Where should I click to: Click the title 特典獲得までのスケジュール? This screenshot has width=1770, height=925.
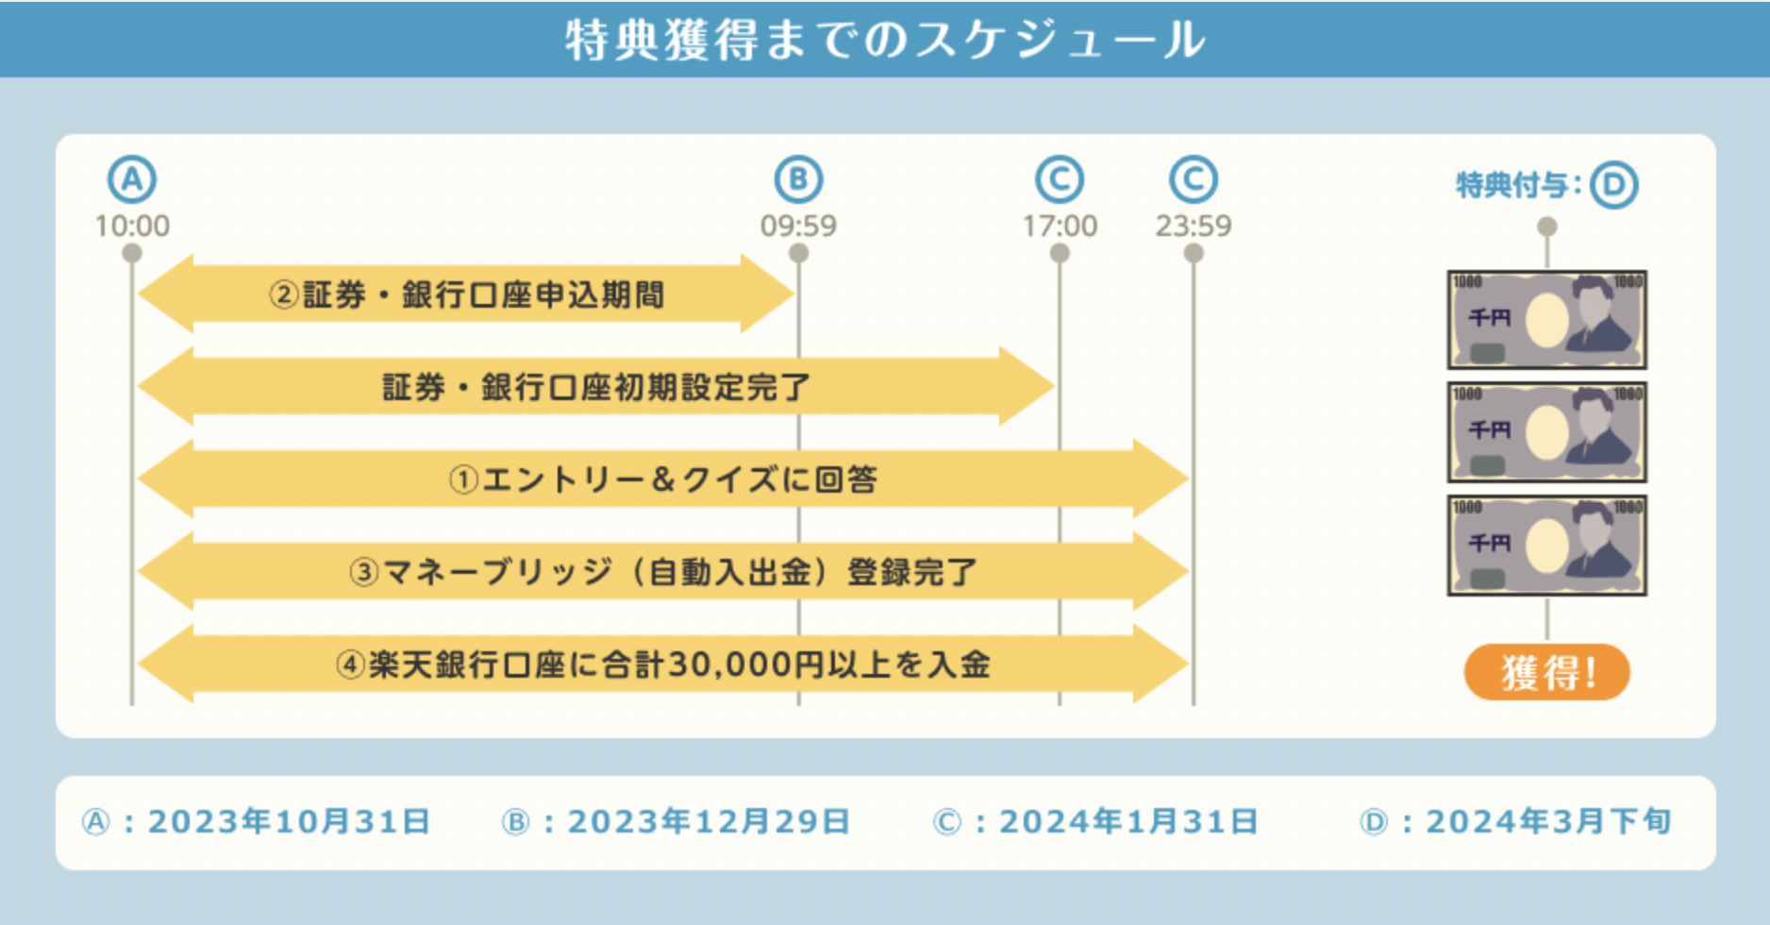885,40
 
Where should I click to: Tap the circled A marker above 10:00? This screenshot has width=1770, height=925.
132,179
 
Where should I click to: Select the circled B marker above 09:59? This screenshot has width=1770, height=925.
798,179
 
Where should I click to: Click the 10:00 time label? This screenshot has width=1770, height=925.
132,226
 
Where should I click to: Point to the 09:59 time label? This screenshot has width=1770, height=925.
798,226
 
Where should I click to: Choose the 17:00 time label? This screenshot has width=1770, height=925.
1060,226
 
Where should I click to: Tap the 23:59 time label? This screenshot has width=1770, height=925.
1194,226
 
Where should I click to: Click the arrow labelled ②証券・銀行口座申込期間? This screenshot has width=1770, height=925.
466,294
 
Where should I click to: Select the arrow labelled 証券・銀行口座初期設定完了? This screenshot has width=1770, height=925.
596,387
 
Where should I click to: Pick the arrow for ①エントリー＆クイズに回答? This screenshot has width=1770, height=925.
662,479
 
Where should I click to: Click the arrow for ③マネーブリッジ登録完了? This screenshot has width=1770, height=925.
662,572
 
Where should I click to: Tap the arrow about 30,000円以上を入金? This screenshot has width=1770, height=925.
662,664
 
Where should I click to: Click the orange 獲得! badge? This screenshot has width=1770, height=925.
1546,672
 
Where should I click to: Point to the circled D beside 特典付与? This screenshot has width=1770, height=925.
1613,185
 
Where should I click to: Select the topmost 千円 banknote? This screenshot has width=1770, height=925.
1546,320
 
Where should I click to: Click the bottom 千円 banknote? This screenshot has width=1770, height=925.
1546,546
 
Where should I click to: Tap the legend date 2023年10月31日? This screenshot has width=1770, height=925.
289,822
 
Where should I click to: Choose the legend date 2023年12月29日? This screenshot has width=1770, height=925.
709,822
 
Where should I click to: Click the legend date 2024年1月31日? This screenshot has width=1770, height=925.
1128,822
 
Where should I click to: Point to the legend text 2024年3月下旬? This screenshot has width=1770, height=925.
1548,822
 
